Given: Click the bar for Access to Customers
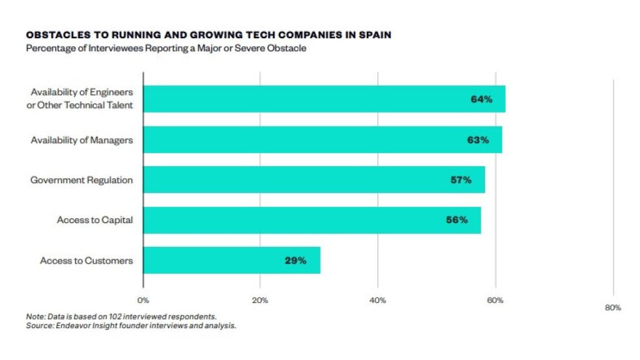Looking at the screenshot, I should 231,261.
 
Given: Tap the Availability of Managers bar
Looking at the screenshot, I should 322,140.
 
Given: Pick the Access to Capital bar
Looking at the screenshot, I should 312,220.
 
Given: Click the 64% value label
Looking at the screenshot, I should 481,99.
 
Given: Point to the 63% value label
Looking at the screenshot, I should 477,140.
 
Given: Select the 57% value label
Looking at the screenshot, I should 461,180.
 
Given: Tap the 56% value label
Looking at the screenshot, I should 457,220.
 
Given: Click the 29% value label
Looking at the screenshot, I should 296,261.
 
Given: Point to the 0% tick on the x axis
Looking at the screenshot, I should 143,301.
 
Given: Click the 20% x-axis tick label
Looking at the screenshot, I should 260,301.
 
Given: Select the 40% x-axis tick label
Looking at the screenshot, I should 377,301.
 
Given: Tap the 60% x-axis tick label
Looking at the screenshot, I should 495,301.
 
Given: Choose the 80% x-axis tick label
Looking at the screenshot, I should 612,307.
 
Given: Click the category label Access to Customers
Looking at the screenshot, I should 86,261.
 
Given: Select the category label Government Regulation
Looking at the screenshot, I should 82,180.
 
